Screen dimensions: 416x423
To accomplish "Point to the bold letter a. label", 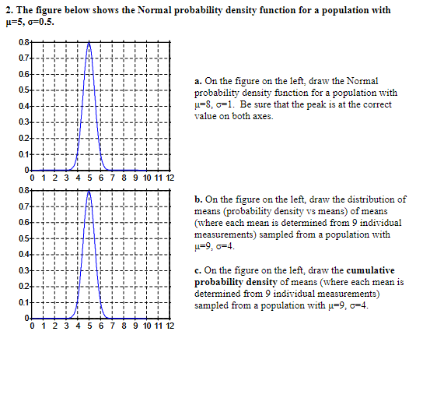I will click(198, 81).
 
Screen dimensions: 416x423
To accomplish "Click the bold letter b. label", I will click(198, 200).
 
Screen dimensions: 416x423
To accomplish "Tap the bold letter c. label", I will click(198, 270).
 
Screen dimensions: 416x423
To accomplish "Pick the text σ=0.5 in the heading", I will click(40, 21).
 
